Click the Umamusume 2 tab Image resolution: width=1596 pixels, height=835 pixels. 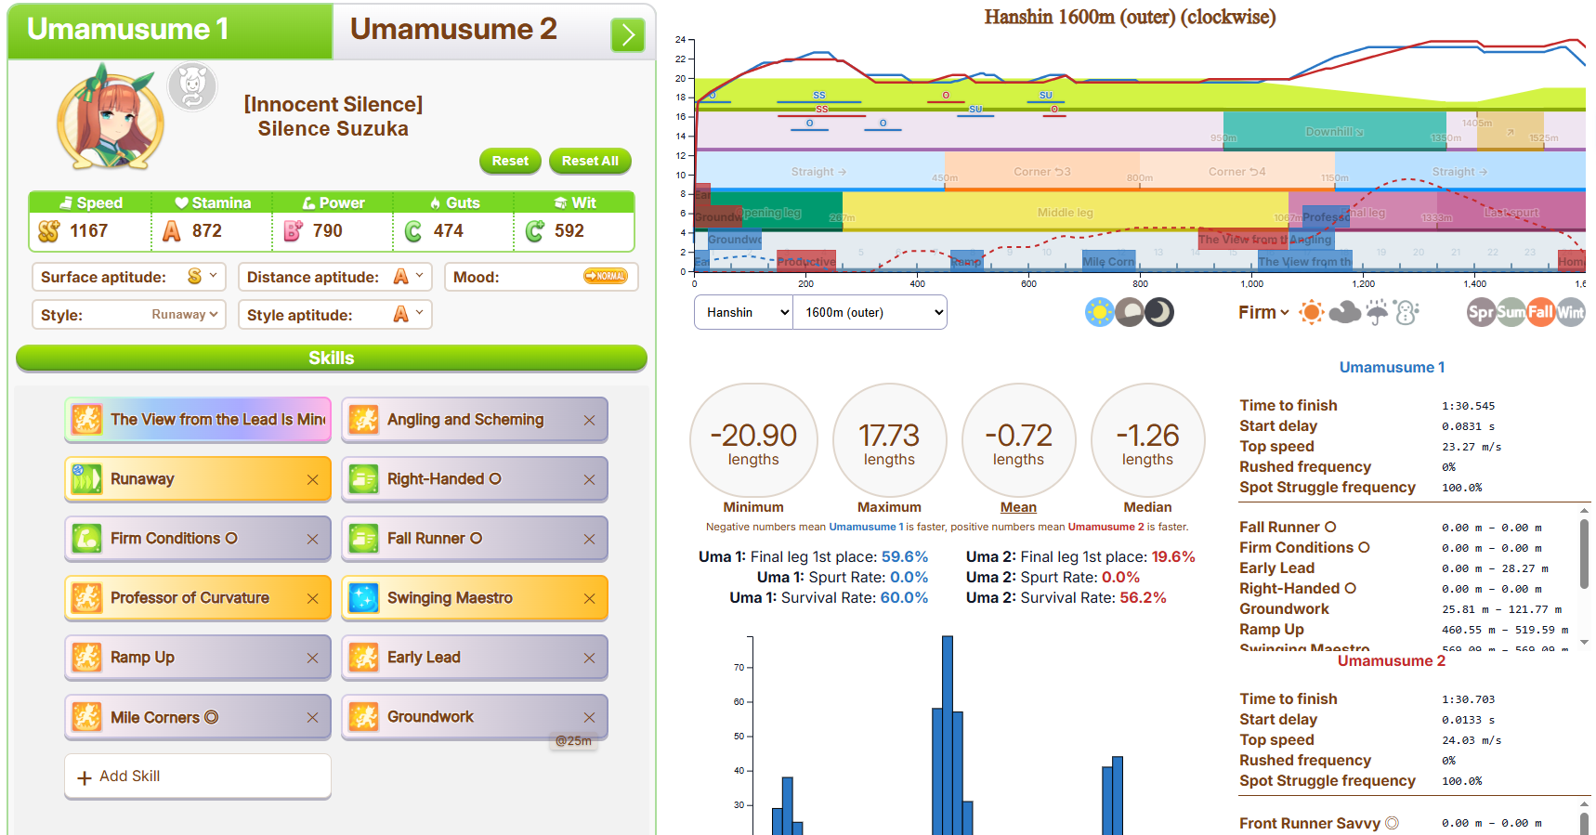click(x=453, y=30)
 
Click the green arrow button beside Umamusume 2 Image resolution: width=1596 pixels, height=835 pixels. click(x=628, y=35)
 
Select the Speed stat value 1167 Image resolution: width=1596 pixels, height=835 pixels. click(x=89, y=231)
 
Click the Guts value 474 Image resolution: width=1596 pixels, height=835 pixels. click(x=448, y=231)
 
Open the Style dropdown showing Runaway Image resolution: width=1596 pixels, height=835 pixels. click(x=185, y=315)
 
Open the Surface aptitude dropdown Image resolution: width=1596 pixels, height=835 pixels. click(x=202, y=277)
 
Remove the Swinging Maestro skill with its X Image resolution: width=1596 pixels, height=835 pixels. click(x=589, y=599)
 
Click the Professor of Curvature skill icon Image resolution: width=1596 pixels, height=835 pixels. click(x=87, y=598)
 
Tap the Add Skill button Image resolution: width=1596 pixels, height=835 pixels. click(x=197, y=776)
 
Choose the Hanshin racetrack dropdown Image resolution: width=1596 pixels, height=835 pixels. click(x=743, y=313)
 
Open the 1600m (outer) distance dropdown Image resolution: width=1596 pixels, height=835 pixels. click(x=870, y=313)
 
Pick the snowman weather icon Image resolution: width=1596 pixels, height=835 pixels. click(x=1406, y=313)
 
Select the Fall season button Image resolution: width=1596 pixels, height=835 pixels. click(x=1540, y=313)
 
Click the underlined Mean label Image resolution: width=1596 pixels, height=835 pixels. click(x=1018, y=507)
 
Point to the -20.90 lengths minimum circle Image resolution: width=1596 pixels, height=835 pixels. click(x=753, y=440)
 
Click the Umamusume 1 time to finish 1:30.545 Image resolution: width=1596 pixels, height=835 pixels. click(x=1468, y=406)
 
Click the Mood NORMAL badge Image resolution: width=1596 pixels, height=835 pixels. click(x=606, y=277)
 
